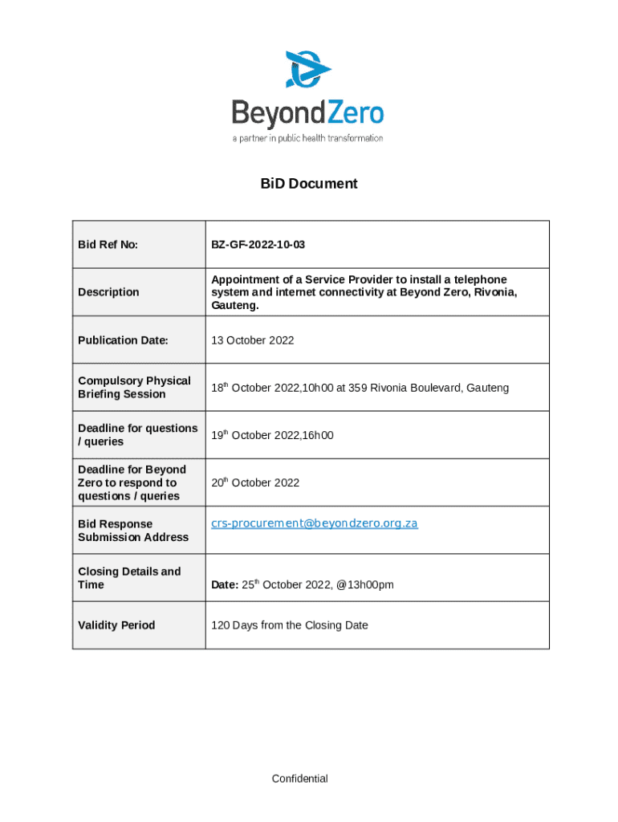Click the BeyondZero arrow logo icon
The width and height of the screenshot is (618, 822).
coord(308,69)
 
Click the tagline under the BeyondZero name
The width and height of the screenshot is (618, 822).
coord(307,138)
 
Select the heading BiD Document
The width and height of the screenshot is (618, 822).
coord(309,184)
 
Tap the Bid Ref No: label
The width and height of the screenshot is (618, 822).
coord(108,244)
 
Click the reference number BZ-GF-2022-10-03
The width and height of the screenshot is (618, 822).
coord(258,244)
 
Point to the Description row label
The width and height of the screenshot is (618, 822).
coord(108,292)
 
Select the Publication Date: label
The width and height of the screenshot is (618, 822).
coord(123,340)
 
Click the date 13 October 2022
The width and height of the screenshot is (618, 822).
coord(252,340)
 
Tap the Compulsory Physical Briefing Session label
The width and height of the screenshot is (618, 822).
coord(134,388)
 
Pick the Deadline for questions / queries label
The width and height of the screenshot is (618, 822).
coord(137,435)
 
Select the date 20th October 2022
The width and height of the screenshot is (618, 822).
coord(255,482)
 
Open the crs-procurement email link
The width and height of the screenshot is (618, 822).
coord(314,523)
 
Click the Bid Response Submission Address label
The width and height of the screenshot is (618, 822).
coord(132,531)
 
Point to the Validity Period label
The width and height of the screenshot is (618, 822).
coord(116,625)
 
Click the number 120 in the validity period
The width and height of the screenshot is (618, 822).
coord(220,625)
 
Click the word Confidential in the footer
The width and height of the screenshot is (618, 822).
coord(299,779)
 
